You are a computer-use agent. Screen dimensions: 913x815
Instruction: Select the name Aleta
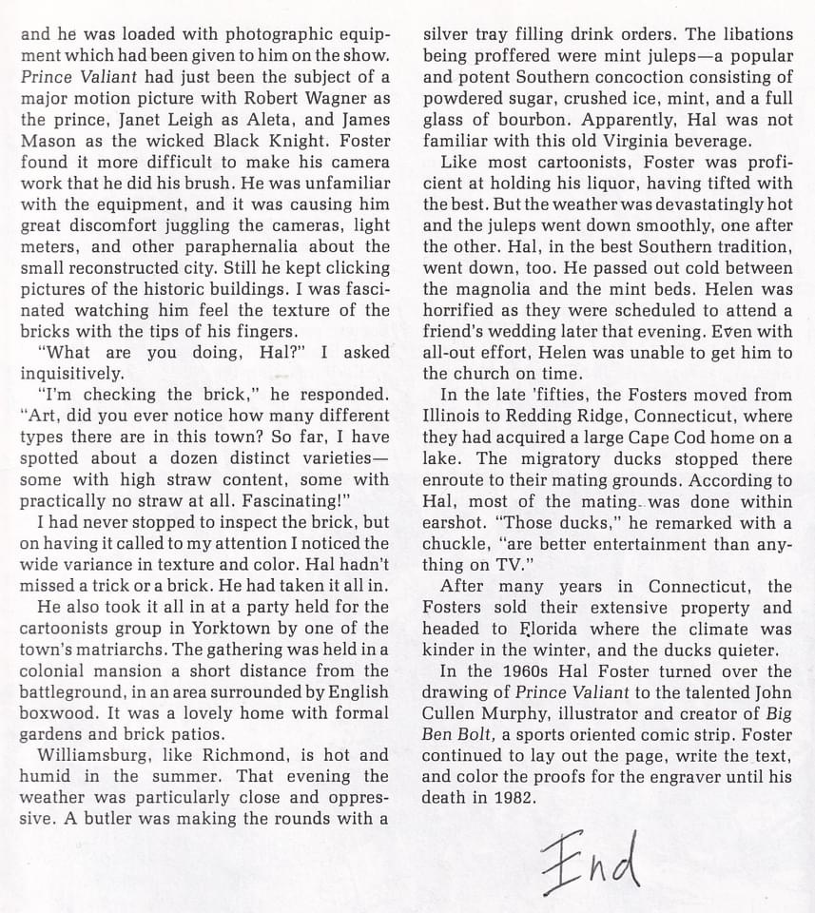click(237, 119)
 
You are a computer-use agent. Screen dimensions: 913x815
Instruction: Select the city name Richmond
click(264, 755)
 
